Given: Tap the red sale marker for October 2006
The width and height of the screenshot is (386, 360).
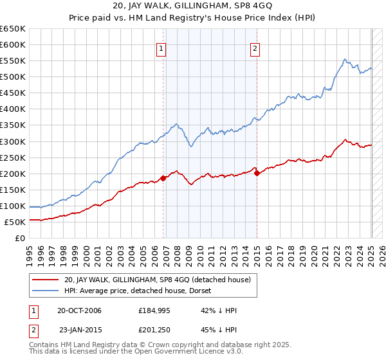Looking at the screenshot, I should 163,178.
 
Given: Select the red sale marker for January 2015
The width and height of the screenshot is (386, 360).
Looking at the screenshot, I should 257,173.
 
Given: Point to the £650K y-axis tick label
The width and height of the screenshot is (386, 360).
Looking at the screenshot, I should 13,29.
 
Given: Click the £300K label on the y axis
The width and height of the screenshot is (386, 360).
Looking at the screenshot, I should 13,141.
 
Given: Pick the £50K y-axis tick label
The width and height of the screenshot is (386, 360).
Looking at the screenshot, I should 15,222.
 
